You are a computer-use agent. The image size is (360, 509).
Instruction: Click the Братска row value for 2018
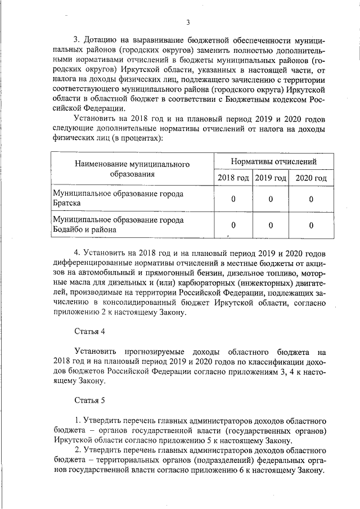click(233, 199)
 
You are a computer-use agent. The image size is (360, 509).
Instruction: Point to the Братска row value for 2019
click(271, 199)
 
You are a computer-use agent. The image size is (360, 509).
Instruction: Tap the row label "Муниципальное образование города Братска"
click(118, 199)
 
